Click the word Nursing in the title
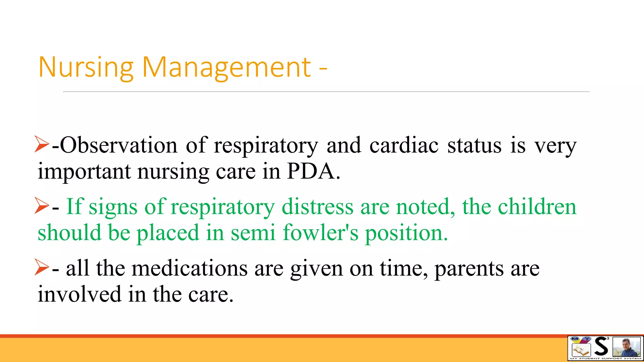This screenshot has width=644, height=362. [x=86, y=67]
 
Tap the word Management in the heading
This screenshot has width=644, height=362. [x=226, y=67]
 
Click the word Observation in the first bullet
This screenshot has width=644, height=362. [x=119, y=145]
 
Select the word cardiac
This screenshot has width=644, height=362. [x=404, y=145]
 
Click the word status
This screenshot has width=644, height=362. [x=474, y=145]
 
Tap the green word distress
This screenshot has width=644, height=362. [x=318, y=207]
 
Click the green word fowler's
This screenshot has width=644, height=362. [x=320, y=233]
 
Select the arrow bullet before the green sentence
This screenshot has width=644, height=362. [x=42, y=206]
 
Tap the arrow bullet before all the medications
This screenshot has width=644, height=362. [x=42, y=267]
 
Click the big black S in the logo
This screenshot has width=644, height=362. [x=601, y=347]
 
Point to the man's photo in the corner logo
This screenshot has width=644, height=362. [x=626, y=347]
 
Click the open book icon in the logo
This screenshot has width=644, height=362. [x=580, y=349]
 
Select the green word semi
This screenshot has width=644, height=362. [x=253, y=233]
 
